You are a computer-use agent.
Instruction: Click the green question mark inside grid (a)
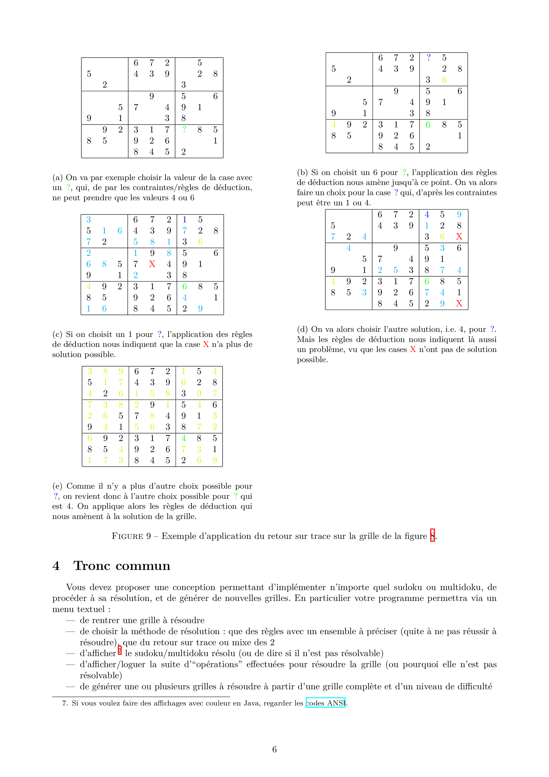pyautogui.click(x=184, y=129)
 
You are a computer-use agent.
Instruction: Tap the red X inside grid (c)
pyautogui.click(x=152, y=264)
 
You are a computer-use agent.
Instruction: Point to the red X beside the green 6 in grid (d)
pyautogui.click(x=459, y=237)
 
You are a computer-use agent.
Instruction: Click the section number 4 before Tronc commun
pyautogui.click(x=56, y=566)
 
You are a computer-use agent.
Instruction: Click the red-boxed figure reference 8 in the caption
pyautogui.click(x=432, y=536)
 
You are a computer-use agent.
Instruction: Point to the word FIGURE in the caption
pyautogui.click(x=128, y=536)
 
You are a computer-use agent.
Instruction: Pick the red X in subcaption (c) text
pyautogui.click(x=206, y=344)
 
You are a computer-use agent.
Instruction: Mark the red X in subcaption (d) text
pyautogui.click(x=413, y=350)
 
